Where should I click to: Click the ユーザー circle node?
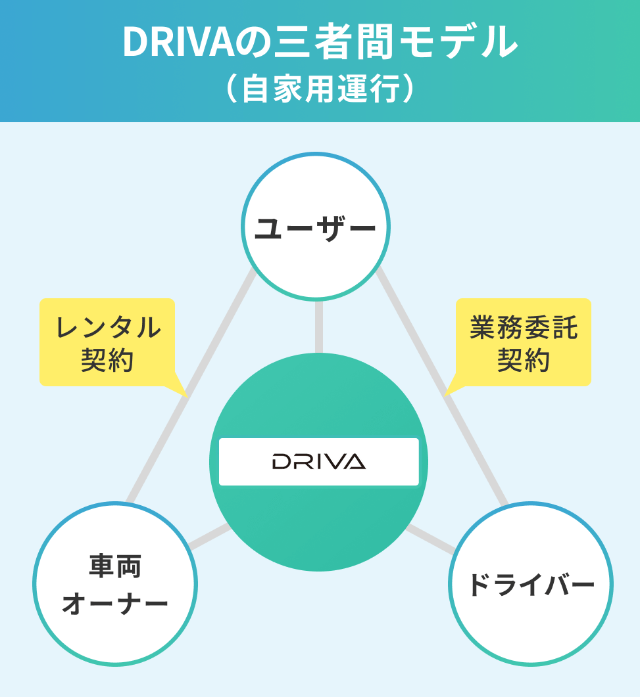(x=315, y=227)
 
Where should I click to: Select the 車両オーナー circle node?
(x=115, y=584)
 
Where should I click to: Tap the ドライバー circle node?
(x=530, y=584)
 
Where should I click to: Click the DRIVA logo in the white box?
(x=319, y=462)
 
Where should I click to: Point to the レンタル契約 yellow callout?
(x=107, y=342)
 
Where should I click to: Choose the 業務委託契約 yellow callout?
(x=524, y=342)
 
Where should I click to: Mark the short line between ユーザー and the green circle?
(x=319, y=326)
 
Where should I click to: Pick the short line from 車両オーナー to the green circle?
(x=209, y=536)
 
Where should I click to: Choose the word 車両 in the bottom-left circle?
(x=115, y=566)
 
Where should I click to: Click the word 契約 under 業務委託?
(x=524, y=360)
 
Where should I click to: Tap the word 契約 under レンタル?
(x=107, y=360)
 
